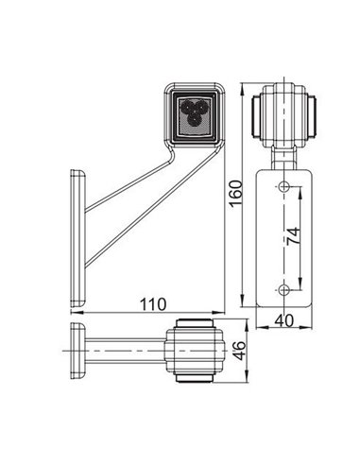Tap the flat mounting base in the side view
coord(76,238)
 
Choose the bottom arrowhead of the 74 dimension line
coord(300,284)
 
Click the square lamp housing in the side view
coord(197,114)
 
